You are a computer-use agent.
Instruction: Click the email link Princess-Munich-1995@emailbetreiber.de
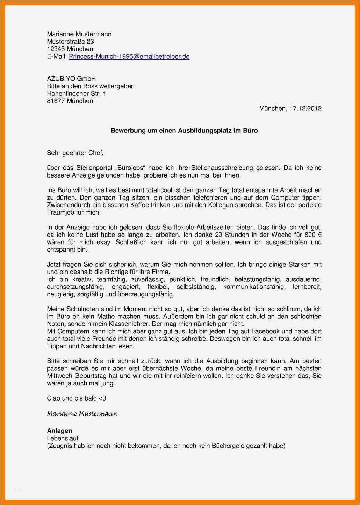tap(129, 57)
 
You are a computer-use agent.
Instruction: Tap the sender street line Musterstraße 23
tap(70, 42)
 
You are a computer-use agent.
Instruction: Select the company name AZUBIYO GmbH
tap(71, 79)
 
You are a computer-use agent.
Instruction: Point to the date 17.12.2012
tap(305, 109)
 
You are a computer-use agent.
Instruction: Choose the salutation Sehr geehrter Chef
tap(75, 153)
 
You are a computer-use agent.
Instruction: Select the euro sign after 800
tap(319, 235)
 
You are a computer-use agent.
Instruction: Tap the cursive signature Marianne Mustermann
tap(82, 414)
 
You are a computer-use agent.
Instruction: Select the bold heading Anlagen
tap(59, 431)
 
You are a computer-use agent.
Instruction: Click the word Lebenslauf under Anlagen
tap(63, 438)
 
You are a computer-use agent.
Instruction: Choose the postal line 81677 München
tap(70, 101)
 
